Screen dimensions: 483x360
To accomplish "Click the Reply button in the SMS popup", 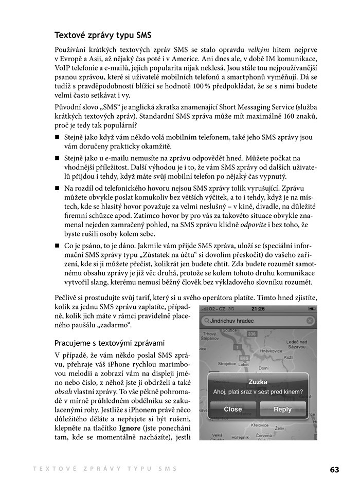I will point(282,410).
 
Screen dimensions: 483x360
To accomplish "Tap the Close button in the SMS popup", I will point(232,410).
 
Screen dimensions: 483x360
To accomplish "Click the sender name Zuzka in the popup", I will point(257,382).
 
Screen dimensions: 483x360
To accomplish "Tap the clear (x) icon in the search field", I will point(310,321).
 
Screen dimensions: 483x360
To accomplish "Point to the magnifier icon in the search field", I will point(206,321).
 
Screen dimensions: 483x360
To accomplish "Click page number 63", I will point(335,469).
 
